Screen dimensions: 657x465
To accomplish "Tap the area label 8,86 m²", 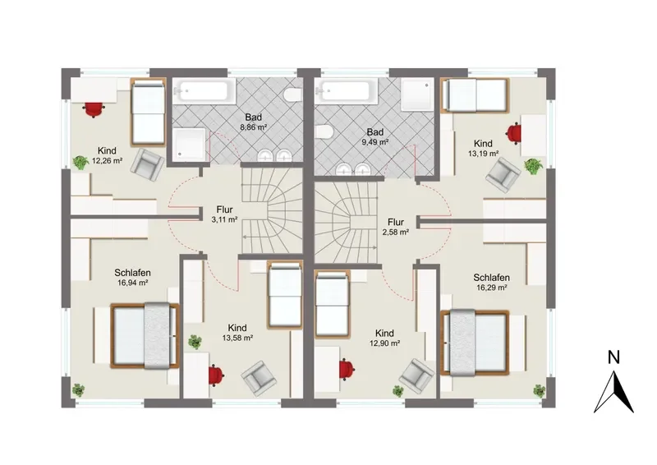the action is (x=254, y=127).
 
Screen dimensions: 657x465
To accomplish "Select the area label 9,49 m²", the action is (x=375, y=142).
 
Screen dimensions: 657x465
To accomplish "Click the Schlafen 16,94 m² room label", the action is (x=132, y=278).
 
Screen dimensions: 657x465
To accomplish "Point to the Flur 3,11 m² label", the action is (x=224, y=214).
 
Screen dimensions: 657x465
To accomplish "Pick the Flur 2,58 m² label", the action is (x=396, y=227).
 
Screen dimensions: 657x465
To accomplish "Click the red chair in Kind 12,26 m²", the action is (x=94, y=110).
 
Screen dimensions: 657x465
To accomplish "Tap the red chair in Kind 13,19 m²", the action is (x=514, y=133).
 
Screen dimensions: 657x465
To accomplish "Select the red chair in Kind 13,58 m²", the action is (x=216, y=375).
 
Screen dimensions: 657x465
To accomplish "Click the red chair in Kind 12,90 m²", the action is (x=347, y=370).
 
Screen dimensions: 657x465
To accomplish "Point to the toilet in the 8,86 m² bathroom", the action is (x=292, y=94).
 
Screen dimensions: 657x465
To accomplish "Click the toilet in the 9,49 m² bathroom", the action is (x=324, y=132).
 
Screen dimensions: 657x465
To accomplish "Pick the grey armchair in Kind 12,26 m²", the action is (x=147, y=165).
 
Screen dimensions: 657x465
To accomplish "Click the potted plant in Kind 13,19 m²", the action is (x=533, y=166).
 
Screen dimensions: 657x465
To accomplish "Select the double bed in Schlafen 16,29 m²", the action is (x=475, y=342).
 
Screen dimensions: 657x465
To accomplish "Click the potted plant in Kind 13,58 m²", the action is (x=195, y=342).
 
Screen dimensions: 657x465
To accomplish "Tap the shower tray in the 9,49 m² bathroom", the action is (x=417, y=94).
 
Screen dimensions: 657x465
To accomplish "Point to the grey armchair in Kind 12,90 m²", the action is (x=416, y=375).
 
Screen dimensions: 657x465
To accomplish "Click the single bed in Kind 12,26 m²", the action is (x=148, y=113).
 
